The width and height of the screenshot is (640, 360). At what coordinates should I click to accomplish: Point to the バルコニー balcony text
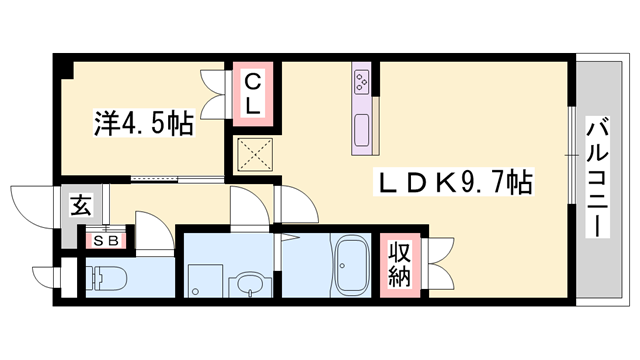point(598,176)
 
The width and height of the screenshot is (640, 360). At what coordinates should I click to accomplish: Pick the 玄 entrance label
point(78,208)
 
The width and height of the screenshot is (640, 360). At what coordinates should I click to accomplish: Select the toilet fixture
point(101,277)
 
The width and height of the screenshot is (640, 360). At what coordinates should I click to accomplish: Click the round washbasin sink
point(247,288)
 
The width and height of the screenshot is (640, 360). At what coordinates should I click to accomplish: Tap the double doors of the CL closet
point(214,90)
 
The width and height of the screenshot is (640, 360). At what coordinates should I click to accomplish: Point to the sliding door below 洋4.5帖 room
point(160,181)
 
